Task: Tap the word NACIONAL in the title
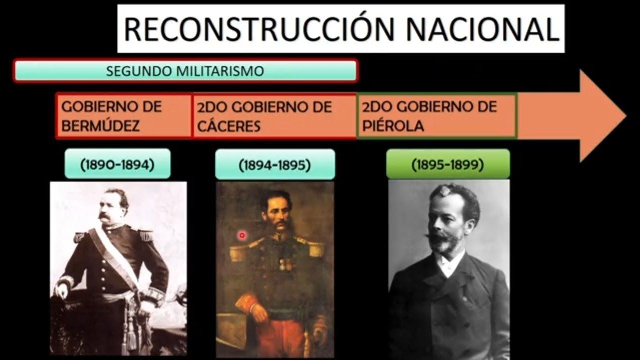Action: (x=482, y=29)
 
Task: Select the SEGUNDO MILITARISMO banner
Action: (x=185, y=71)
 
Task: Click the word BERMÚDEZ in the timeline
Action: (x=100, y=126)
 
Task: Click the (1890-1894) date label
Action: (x=117, y=164)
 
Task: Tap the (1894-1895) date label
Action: (x=275, y=165)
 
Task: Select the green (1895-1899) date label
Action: (x=448, y=164)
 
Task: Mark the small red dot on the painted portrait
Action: (x=242, y=235)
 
